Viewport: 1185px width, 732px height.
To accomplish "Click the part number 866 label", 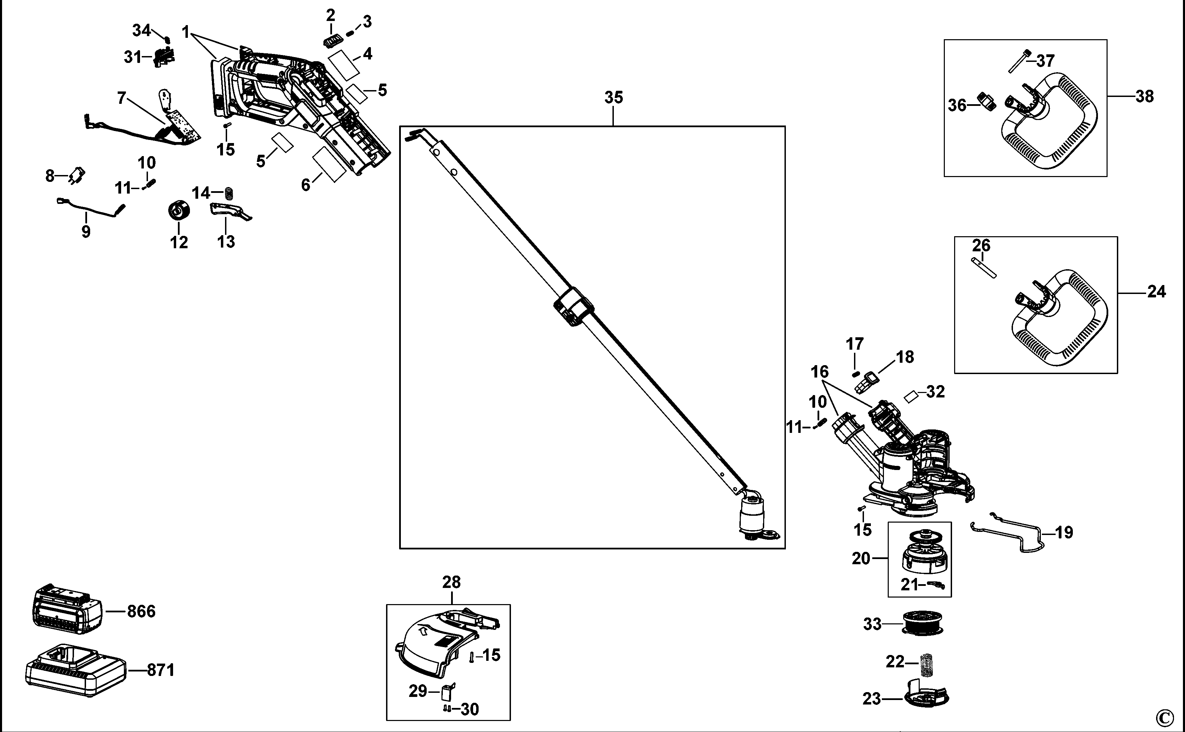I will click(x=141, y=611).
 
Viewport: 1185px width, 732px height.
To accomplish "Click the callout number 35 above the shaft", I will click(x=613, y=97).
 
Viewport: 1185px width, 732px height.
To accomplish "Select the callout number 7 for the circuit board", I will click(x=121, y=98).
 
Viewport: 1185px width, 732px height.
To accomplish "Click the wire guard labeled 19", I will click(x=1008, y=535).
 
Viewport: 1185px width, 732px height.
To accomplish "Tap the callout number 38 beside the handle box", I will click(x=1145, y=96).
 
